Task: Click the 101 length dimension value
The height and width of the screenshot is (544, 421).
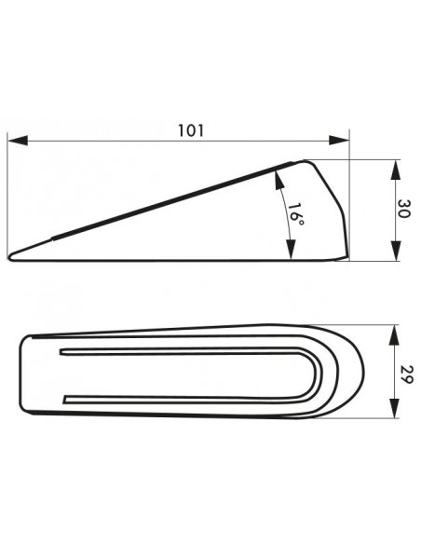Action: pyautogui.click(x=191, y=130)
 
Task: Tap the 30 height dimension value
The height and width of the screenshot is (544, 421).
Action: pyautogui.click(x=404, y=209)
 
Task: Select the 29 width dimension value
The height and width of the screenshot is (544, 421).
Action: pyautogui.click(x=406, y=374)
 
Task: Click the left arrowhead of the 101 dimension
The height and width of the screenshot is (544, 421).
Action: pyautogui.click(x=18, y=141)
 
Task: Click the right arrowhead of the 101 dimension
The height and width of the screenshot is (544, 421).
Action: pyautogui.click(x=339, y=141)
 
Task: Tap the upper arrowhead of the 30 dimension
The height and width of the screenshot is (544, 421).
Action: pyautogui.click(x=396, y=170)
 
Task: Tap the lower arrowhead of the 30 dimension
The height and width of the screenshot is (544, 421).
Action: pyautogui.click(x=396, y=251)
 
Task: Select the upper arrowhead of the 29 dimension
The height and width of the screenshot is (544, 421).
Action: pyautogui.click(x=394, y=334)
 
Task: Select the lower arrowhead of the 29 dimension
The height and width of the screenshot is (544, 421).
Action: pyautogui.click(x=394, y=408)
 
